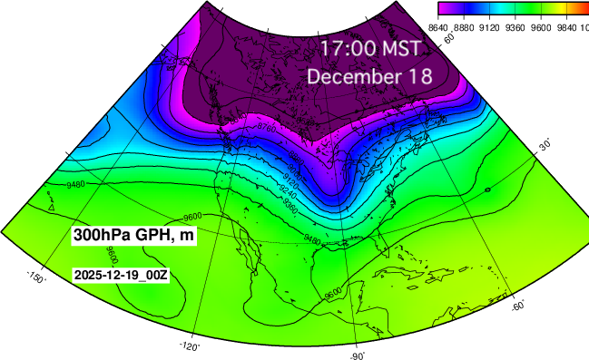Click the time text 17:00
point(345,48)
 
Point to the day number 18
point(420,76)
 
